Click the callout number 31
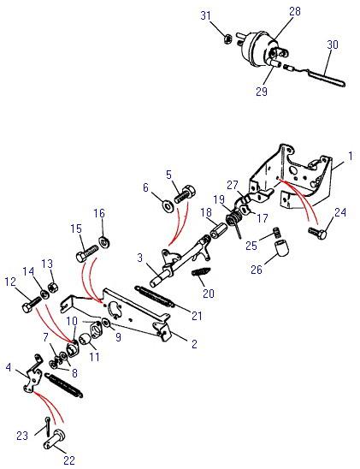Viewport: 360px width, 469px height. coord(205,15)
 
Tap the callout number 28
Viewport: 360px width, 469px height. coord(295,11)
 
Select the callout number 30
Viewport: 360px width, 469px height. coord(333,45)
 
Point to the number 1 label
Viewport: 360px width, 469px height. coord(350,156)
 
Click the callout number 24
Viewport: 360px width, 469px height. coord(340,212)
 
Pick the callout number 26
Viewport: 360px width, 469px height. coord(256,270)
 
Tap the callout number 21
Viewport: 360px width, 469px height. coord(197,316)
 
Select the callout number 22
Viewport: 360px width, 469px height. coord(69,460)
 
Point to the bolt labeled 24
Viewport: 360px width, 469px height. coord(317,233)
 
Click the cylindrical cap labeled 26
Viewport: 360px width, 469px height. coord(281,248)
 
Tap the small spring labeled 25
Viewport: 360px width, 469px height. coord(277,233)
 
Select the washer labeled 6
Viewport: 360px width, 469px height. coord(168,206)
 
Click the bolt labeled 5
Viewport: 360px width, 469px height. coord(185,194)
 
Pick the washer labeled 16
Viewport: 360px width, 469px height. coord(104,242)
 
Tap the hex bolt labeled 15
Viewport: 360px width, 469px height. coord(87,253)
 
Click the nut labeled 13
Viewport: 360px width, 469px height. coord(52,288)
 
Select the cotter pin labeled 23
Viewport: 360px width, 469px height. coord(48,426)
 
